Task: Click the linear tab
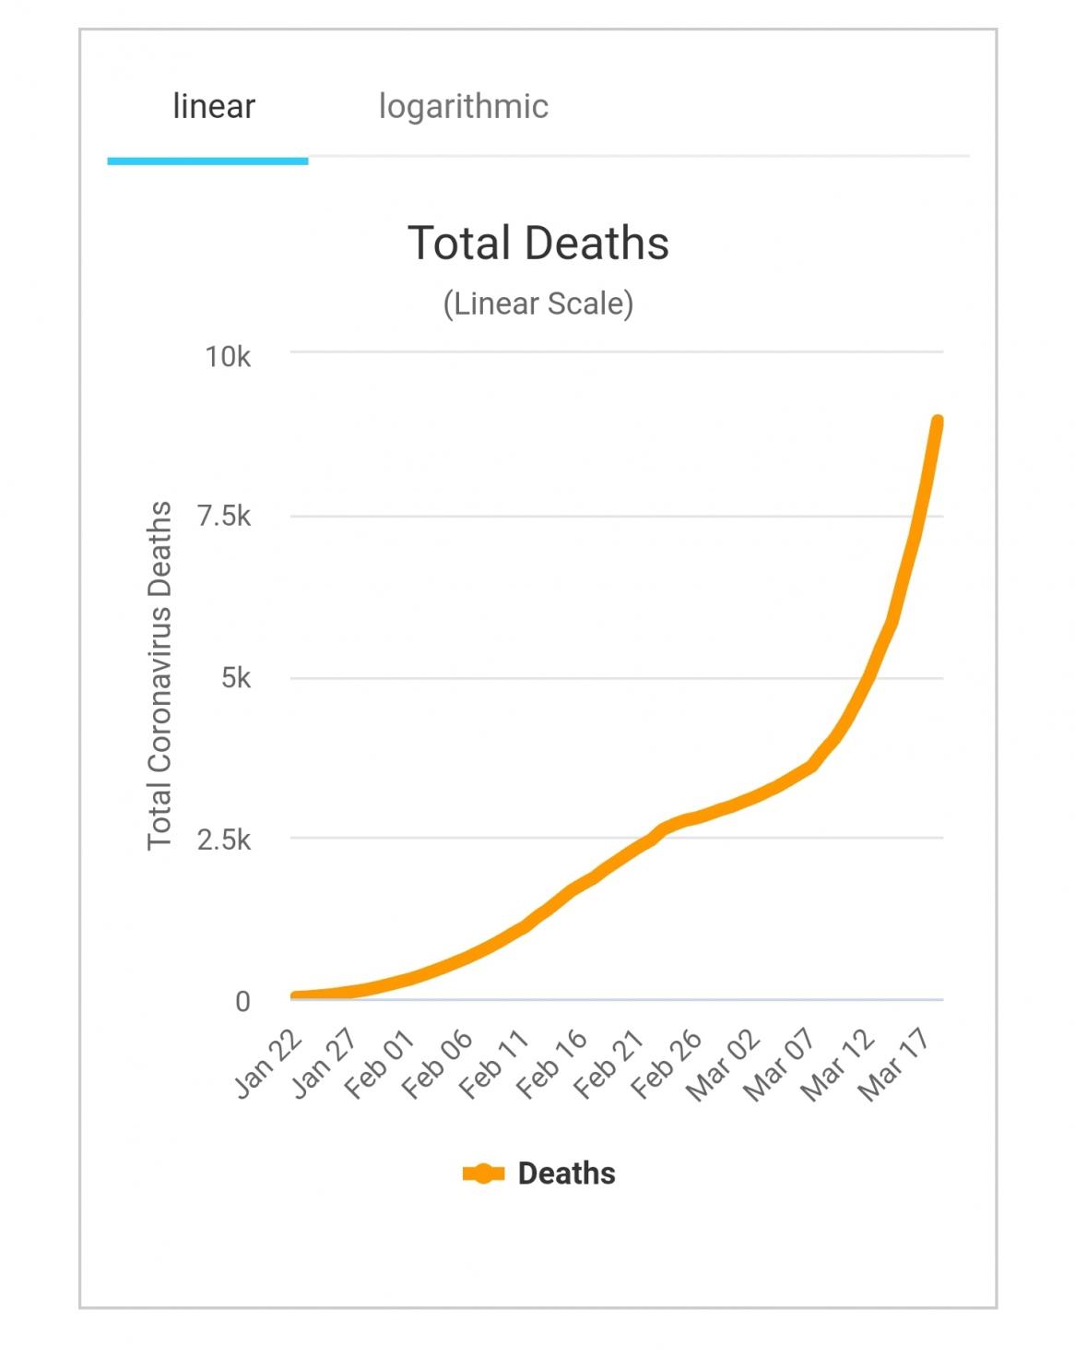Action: (x=213, y=107)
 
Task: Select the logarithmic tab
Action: (x=463, y=107)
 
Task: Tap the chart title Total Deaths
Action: (x=537, y=244)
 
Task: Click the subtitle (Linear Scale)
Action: (x=537, y=304)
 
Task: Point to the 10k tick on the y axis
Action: (x=228, y=357)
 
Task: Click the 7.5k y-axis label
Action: (x=224, y=517)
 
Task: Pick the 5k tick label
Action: (x=235, y=679)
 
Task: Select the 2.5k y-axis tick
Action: (x=224, y=840)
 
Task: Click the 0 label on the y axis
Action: (x=242, y=1001)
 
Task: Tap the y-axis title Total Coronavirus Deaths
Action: (x=159, y=675)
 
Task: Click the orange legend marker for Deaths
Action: (x=483, y=1173)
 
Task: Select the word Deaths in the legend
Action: (x=566, y=1173)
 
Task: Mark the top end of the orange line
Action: (x=938, y=423)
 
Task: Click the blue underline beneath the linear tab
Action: (x=207, y=161)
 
